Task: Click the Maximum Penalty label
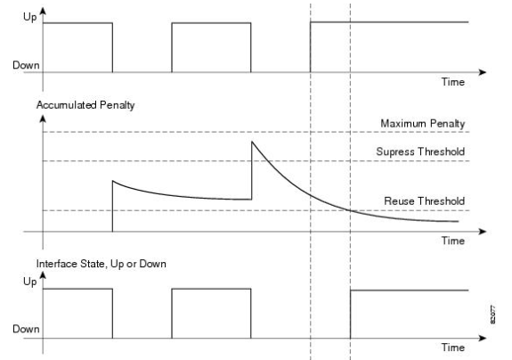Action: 423,124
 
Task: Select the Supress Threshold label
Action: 420,151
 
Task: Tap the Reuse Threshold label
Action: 425,200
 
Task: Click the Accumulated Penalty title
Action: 85,105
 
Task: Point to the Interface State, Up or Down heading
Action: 102,264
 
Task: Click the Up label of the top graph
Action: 29,17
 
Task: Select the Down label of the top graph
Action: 26,65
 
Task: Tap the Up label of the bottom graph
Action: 29,282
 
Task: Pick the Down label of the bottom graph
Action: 26,329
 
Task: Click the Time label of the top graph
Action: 453,82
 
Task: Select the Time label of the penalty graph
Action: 453,241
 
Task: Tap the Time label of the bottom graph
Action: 453,348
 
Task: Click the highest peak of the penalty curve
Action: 252,142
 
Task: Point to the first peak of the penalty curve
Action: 113,181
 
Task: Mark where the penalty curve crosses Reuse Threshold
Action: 350,210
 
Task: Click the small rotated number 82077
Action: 492,315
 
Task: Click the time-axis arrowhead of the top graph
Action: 483,72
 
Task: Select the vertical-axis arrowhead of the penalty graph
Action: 43,119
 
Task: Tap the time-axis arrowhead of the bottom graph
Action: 483,338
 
